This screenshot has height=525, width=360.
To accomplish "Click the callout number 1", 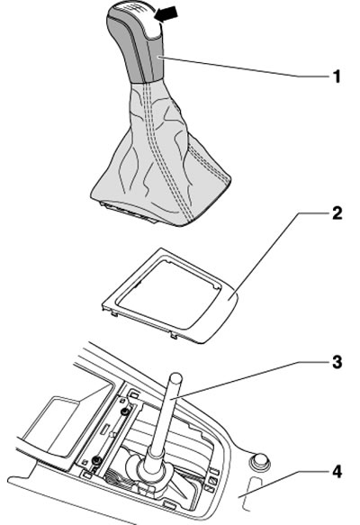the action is point(337,77).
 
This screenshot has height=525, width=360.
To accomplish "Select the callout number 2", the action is point(337,213).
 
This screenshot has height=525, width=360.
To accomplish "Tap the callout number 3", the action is point(337,362).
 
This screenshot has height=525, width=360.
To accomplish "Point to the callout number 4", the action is point(337,472).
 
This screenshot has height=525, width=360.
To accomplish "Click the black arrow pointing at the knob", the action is point(166,14).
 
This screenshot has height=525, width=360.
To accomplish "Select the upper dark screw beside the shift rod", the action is point(125,411).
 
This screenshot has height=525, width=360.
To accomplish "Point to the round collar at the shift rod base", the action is point(152,466).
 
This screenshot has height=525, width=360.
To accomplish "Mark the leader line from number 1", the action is point(245,67).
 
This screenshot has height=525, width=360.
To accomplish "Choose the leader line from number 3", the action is point(250,378).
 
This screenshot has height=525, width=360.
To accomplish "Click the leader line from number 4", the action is point(284,481).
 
